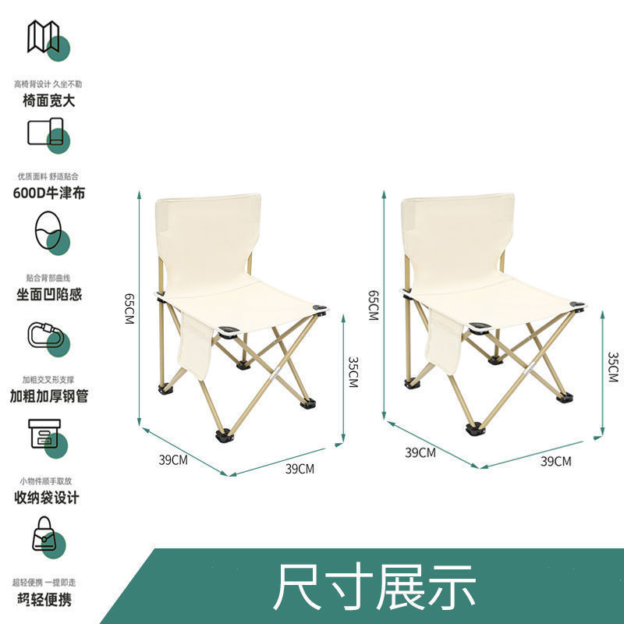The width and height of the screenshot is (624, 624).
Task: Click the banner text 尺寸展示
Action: point(374,587)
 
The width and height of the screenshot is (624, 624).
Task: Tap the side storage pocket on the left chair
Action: point(195,342)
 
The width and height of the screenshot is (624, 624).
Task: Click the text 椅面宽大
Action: point(48,100)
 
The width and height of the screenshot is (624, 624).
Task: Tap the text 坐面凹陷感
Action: point(49,295)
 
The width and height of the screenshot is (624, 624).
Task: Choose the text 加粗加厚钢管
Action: point(49,395)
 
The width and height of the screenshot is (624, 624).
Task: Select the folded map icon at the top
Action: point(44,37)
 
